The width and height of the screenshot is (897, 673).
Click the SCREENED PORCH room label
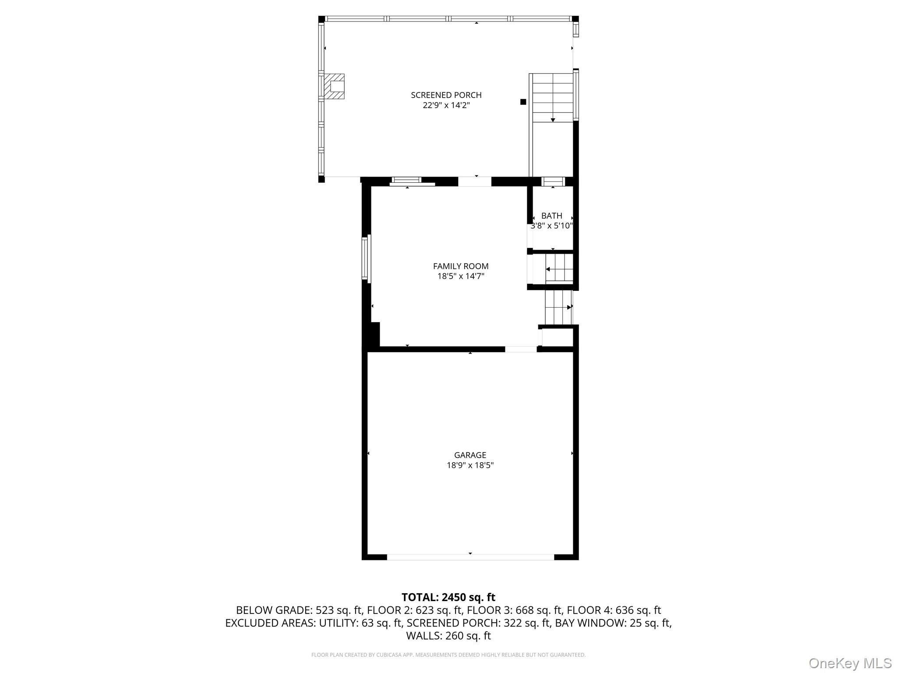[x=446, y=95]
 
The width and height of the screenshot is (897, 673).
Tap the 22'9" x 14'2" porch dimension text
[x=446, y=106]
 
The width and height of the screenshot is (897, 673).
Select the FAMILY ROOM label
[x=461, y=266]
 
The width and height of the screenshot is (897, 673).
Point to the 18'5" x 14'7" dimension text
[x=461, y=276]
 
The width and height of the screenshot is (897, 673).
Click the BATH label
[x=551, y=216]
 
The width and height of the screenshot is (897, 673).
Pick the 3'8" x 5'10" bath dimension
[x=551, y=226]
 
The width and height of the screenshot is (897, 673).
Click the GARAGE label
[x=470, y=455]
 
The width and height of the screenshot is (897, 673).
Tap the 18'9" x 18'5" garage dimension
[x=470, y=465]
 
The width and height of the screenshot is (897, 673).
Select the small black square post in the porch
[x=523, y=102]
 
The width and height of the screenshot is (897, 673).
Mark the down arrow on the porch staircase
[x=553, y=120]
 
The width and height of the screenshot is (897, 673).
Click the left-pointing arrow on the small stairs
[x=548, y=269]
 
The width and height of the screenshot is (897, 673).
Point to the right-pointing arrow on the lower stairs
[x=569, y=307]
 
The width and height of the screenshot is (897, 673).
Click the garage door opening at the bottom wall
[x=470, y=557]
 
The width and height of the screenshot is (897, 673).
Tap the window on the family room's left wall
[x=366, y=259]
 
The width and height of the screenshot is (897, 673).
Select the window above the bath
[x=553, y=181]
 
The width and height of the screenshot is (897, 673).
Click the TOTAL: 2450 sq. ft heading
[x=448, y=597]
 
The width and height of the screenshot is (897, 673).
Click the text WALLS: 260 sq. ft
[x=448, y=636]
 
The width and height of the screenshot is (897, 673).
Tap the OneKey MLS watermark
[x=850, y=663]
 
